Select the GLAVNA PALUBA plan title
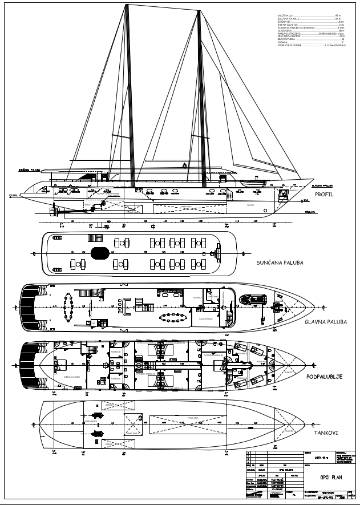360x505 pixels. pos(326,321)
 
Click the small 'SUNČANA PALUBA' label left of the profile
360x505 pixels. pos(29,169)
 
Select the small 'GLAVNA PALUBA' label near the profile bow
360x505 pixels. pos(322,185)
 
